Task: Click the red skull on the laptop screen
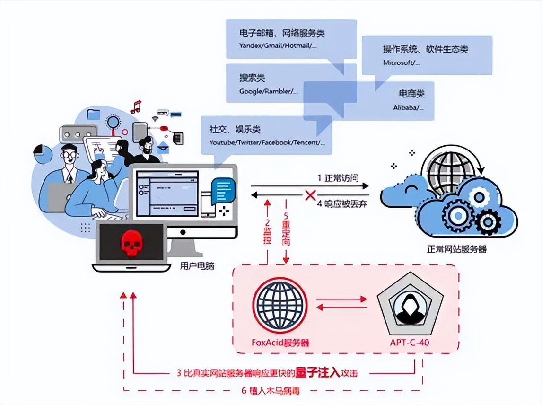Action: [x=130, y=243]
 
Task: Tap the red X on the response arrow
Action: [x=310, y=194]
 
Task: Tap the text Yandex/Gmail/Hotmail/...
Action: [x=278, y=46]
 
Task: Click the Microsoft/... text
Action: [x=400, y=62]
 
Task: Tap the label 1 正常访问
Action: [x=338, y=178]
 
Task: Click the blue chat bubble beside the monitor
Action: [x=222, y=190]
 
